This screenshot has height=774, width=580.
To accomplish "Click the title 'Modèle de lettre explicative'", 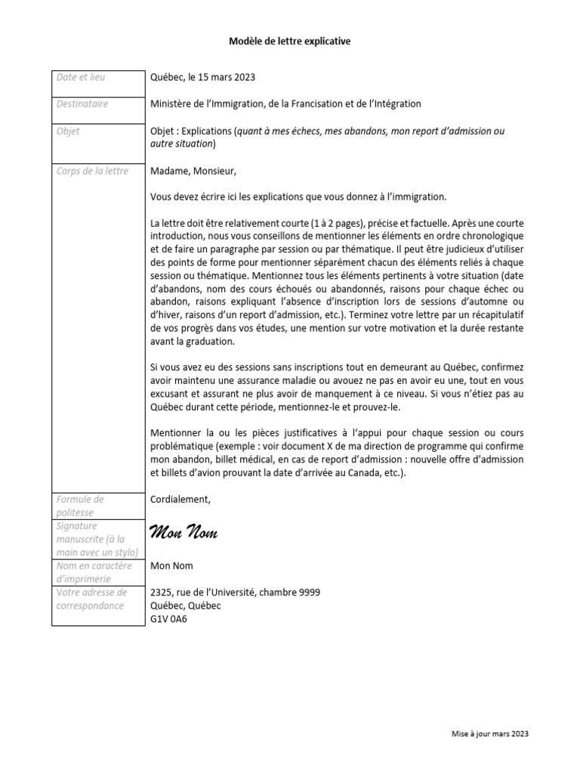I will coord(290,42).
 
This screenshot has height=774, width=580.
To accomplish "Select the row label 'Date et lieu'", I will coord(81,77).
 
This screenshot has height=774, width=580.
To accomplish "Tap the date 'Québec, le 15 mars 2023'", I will coord(202,77).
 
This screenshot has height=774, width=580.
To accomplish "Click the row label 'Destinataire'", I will coord(82,104).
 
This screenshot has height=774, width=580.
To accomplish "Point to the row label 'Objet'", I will coord(68,131).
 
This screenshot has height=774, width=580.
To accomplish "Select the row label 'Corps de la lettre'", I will coord(92,171).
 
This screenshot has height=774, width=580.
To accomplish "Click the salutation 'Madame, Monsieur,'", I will coord(193,171).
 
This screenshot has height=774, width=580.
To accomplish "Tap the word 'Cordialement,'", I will coord(181,499).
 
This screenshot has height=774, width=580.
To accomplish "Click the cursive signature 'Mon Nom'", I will coord(184,534).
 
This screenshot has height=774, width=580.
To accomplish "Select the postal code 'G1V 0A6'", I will coord(168,619).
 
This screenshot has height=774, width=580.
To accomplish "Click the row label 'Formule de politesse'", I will coord(80,506).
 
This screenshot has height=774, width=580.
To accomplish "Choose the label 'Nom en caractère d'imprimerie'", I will coord(94,572).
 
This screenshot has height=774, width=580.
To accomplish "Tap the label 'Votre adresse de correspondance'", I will coord(91,599).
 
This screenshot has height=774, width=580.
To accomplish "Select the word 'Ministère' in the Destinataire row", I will coord(171,104).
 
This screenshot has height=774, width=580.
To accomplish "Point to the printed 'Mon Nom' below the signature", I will coord(171,565).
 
